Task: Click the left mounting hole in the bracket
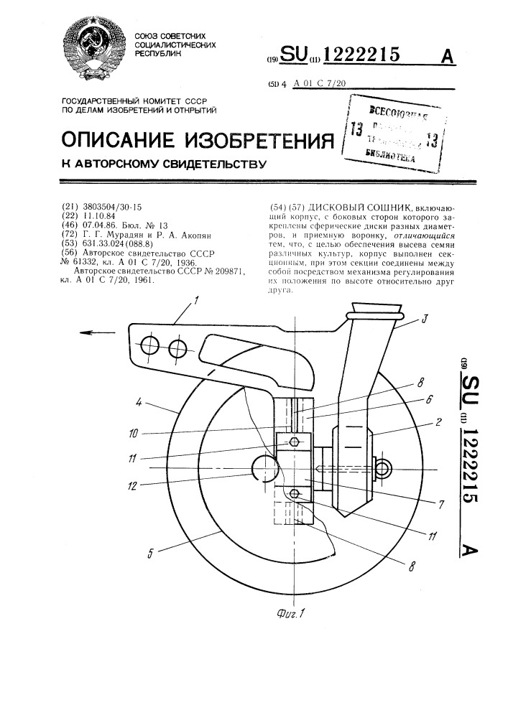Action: point(150,347)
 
